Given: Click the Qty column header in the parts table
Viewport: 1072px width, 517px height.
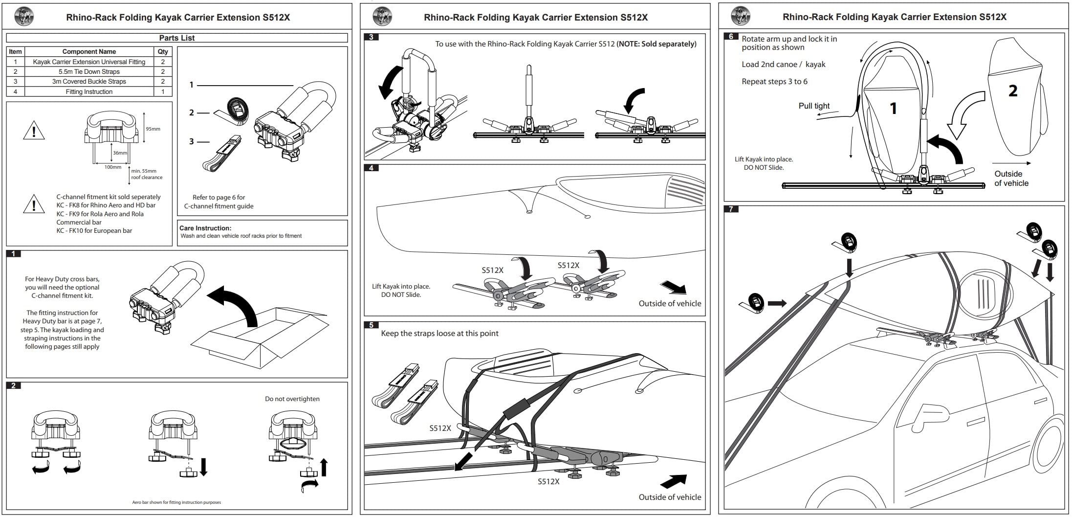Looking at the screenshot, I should click(163, 51).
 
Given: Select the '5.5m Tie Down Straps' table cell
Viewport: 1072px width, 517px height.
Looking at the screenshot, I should click(89, 71).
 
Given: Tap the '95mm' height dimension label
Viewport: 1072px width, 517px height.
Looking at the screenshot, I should click(153, 129).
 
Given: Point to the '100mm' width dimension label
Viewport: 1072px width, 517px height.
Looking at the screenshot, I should click(113, 167).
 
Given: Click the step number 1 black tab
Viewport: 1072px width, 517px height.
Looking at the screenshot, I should click(14, 254).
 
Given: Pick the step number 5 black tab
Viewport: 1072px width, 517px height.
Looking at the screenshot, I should click(372, 325).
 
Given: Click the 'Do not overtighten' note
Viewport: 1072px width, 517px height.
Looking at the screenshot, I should click(292, 399).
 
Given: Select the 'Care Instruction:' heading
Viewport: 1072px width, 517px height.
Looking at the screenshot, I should click(205, 228).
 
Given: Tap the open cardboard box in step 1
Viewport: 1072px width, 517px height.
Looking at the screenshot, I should click(259, 337).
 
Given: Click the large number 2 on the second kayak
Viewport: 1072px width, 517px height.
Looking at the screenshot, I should click(1013, 90).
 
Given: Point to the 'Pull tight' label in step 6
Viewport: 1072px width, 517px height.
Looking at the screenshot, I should click(814, 106).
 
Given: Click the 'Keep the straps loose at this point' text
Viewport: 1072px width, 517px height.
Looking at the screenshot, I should click(439, 334).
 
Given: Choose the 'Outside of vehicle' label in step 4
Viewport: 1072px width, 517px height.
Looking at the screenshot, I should click(670, 304).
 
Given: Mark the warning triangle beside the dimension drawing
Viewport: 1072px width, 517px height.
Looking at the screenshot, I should click(34, 131).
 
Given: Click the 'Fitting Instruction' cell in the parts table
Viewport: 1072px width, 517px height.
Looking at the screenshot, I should click(89, 92).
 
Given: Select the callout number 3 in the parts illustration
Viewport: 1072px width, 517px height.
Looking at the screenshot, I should click(192, 142).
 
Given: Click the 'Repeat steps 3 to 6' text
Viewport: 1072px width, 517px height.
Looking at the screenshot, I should click(774, 82).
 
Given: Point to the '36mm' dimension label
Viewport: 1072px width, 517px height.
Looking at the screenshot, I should click(120, 153).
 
